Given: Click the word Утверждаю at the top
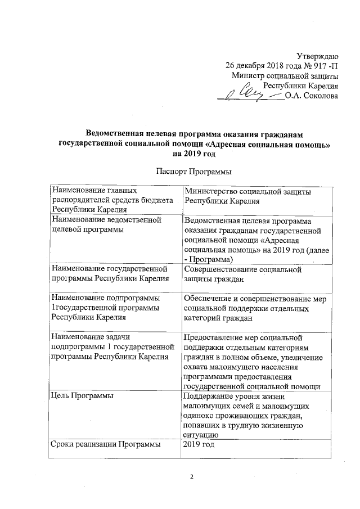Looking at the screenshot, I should point(317,55).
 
